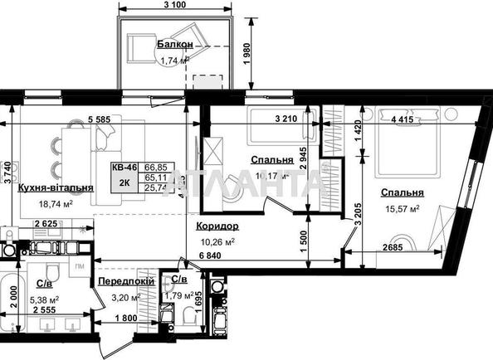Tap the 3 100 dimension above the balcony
(175, 7)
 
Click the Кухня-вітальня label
(55, 188)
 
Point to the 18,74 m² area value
(56, 202)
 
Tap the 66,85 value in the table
(157, 166)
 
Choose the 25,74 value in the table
(157, 189)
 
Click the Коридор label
(217, 226)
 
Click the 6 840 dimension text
(211, 255)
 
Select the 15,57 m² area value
(401, 208)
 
